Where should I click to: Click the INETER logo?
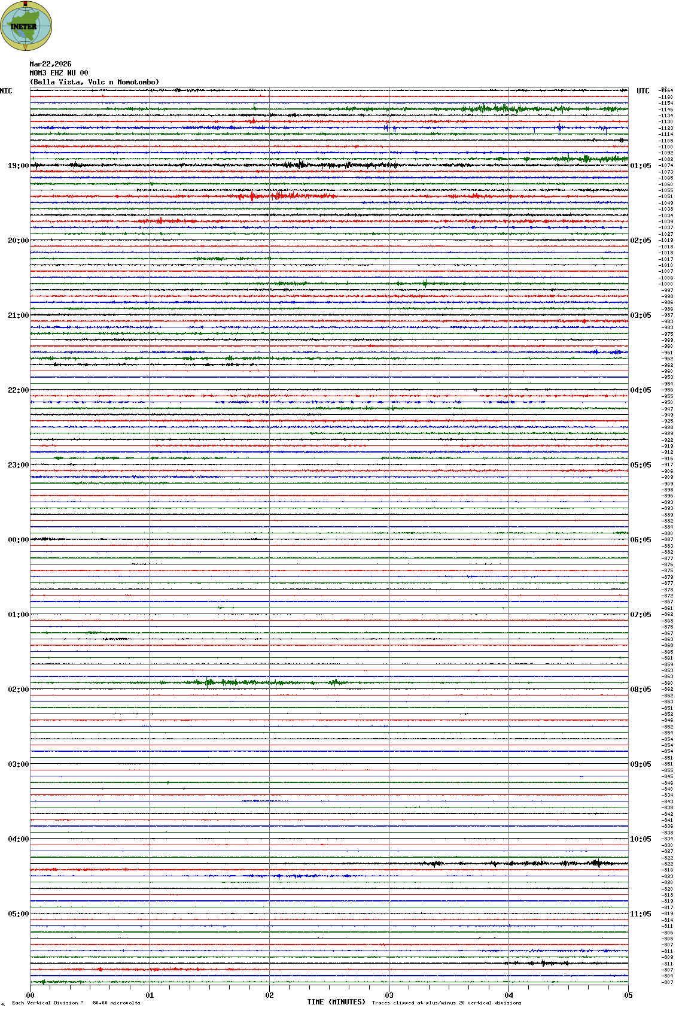(x=26, y=26)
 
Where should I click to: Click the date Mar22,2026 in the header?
(x=50, y=64)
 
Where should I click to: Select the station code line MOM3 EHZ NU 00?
(x=59, y=73)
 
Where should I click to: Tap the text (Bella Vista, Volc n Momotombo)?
(x=95, y=82)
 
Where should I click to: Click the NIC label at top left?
(x=6, y=91)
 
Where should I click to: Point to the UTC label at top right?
(x=642, y=91)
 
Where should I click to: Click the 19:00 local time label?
(x=18, y=166)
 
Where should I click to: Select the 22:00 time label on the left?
(x=18, y=390)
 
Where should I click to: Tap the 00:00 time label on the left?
(x=18, y=540)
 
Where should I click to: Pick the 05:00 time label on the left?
(x=18, y=914)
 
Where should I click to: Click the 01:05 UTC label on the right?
(x=640, y=166)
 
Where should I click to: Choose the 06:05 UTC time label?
(x=640, y=540)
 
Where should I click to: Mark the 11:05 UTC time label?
(x=640, y=914)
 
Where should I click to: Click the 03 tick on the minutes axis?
(x=389, y=995)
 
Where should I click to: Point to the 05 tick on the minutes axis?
(x=628, y=995)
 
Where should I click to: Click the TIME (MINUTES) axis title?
(x=336, y=1002)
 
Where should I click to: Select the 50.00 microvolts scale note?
(x=116, y=1003)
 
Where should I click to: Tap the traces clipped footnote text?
(x=446, y=1003)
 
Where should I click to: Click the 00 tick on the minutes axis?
(x=30, y=995)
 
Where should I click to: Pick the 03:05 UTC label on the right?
(x=640, y=315)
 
